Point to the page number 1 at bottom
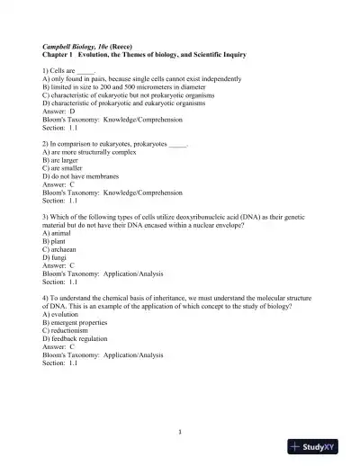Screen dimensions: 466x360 tap(180, 431)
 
